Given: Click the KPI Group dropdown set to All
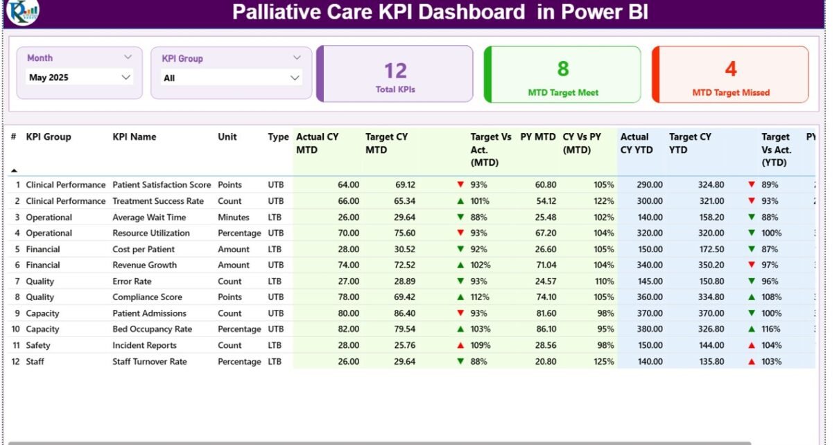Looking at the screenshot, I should point(231,78).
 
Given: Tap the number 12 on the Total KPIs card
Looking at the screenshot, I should point(395,71).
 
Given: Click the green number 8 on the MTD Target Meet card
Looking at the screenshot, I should point(563,69).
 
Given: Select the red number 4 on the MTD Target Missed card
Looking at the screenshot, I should point(731,69).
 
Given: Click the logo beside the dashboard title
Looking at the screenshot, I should point(22,12).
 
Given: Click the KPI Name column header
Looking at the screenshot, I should point(135,137).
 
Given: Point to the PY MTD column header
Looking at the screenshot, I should point(538,137).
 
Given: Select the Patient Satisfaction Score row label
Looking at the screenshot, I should point(162,185).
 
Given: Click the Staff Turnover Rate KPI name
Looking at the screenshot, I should point(150,362).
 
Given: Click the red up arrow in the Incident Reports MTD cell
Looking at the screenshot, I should point(460,345).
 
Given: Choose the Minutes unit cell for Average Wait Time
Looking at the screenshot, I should point(233,218).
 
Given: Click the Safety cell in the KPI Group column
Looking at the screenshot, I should point(38,345).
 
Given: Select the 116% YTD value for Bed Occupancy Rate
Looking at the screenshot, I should point(769,329).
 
